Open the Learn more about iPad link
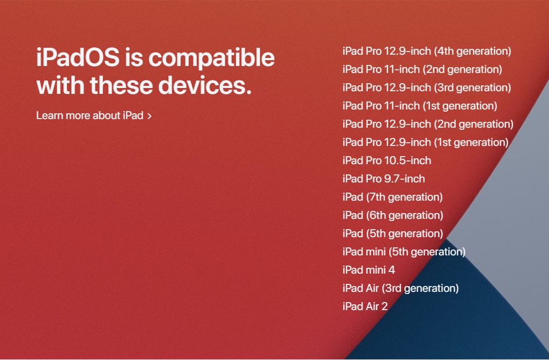[90, 115]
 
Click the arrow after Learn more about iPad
[150, 116]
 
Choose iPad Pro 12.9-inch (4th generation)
[426, 52]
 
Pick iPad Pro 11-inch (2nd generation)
[422, 70]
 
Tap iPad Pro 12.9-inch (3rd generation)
[426, 88]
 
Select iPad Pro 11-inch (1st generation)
[419, 106]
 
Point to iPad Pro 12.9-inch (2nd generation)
[427, 124]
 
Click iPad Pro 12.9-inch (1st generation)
[425, 143]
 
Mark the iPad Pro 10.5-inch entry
[387, 161]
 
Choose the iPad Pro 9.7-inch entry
[383, 179]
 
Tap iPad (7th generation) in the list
[392, 197]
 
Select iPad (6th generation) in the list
[392, 216]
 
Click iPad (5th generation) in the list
[392, 234]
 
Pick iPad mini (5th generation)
[404, 252]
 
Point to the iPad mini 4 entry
[368, 270]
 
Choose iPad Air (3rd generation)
[400, 289]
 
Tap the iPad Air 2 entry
[365, 307]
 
